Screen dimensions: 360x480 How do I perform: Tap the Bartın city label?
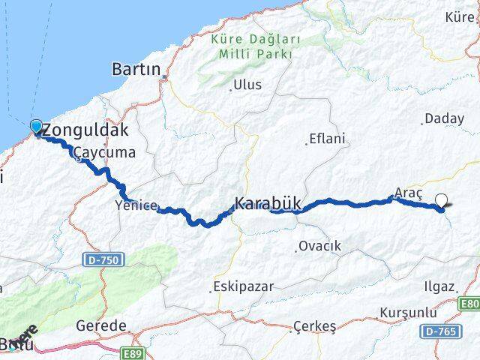tap(136, 70)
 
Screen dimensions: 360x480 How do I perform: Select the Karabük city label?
tap(267, 203)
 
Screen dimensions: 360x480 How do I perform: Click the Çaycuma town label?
tap(104, 153)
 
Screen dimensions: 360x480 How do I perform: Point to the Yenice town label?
tap(136, 205)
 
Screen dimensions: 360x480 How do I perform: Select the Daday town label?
tap(444, 118)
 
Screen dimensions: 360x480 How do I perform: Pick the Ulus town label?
tap(247, 85)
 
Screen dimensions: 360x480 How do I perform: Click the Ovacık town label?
tap(319, 246)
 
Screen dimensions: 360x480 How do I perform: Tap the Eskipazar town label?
tap(242, 286)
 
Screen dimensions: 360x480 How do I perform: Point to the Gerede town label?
tap(100, 326)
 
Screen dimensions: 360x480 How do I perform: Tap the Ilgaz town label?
tap(439, 286)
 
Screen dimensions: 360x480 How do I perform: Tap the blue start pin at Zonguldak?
tap(36, 127)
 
